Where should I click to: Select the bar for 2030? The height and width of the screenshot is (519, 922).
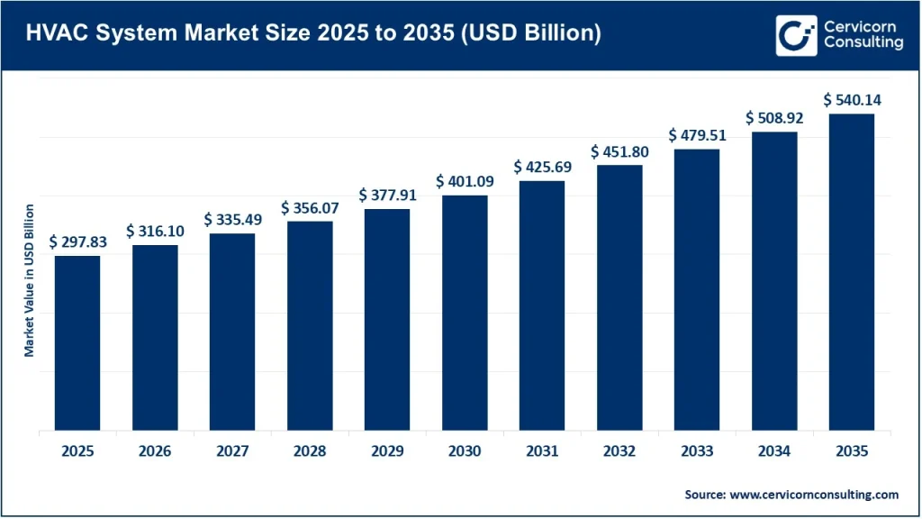[x=465, y=313]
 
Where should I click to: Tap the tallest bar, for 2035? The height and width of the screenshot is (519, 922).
[x=852, y=272]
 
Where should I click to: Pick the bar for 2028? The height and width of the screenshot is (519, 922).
[x=310, y=326]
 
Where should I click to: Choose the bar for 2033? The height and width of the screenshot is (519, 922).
[x=697, y=290]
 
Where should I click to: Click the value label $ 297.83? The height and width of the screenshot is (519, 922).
[x=77, y=241]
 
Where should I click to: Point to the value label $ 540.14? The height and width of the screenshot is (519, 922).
[x=852, y=99]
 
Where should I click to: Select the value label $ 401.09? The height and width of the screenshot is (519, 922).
[x=465, y=181]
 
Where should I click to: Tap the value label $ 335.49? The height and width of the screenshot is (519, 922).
[x=232, y=220]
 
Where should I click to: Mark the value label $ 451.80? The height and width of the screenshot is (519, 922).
[x=619, y=151]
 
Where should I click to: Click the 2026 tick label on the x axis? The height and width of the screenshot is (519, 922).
[x=155, y=451]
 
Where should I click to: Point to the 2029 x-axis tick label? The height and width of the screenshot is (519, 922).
[x=387, y=451]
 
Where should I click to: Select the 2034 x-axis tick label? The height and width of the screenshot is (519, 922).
[x=774, y=451]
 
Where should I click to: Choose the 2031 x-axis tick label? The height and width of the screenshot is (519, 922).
[x=542, y=451]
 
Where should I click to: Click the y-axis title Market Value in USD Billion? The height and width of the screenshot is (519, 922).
[x=30, y=280]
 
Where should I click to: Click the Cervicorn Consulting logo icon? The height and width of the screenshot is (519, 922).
[x=796, y=34]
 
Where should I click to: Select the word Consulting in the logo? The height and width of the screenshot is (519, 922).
[x=862, y=43]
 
